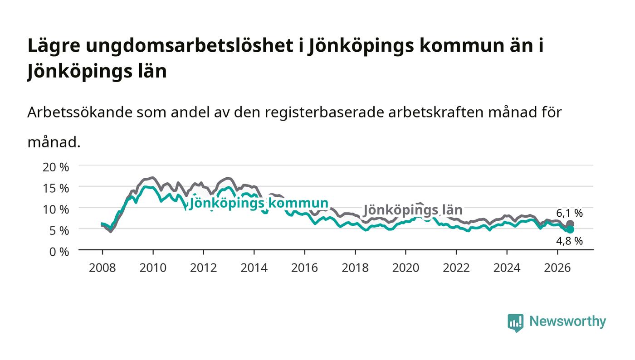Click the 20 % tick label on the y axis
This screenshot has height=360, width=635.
(x=55, y=167)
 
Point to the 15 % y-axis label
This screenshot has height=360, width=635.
(x=55, y=189)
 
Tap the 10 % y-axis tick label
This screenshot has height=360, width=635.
(x=55, y=210)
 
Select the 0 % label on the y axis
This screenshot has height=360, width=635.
(x=59, y=252)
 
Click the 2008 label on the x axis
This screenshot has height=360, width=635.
(x=103, y=268)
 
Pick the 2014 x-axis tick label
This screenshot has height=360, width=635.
(x=254, y=268)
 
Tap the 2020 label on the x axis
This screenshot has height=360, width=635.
(x=405, y=268)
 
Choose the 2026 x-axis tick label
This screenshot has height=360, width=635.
(x=557, y=268)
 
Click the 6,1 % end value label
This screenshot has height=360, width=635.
(x=569, y=213)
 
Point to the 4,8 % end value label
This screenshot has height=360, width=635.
(x=569, y=241)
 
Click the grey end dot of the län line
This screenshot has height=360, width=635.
(x=570, y=224)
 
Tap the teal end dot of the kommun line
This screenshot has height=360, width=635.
(x=570, y=229)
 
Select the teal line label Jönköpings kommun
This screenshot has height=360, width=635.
(x=259, y=203)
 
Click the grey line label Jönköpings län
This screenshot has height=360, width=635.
(x=413, y=210)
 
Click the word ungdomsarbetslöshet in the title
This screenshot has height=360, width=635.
(x=190, y=46)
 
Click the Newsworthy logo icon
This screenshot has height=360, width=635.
(x=515, y=323)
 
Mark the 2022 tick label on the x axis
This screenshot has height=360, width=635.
(x=456, y=268)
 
